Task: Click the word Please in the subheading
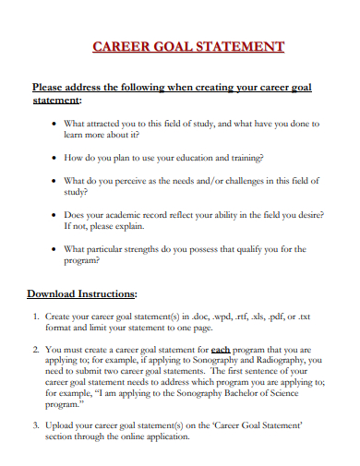pos(51,88)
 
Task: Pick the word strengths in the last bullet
pos(170,248)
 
